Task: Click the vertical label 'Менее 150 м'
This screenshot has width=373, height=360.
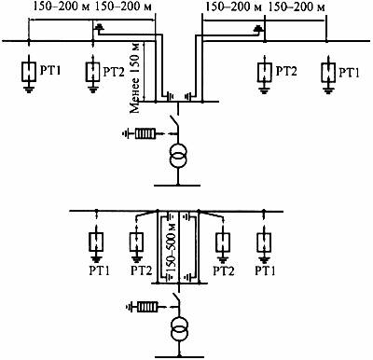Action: click(x=135, y=76)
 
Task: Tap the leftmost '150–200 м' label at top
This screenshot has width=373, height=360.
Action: click(x=59, y=7)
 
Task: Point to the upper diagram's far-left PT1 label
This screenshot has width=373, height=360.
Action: click(x=50, y=70)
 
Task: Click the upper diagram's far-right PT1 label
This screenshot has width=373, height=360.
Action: click(x=349, y=73)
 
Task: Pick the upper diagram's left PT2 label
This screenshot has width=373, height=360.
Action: click(x=114, y=72)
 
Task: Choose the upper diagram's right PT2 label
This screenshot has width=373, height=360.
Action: click(x=286, y=71)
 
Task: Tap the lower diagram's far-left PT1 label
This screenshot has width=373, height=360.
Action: click(x=100, y=270)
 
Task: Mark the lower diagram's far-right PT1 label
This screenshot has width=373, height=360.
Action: click(x=265, y=270)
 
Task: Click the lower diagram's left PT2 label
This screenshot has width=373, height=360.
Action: click(x=142, y=270)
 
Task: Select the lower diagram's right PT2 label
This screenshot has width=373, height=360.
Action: click(x=224, y=270)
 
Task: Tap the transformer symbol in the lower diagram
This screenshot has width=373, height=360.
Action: click(x=179, y=330)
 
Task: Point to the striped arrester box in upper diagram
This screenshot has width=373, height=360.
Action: click(x=145, y=134)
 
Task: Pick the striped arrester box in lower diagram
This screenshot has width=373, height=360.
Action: click(x=147, y=308)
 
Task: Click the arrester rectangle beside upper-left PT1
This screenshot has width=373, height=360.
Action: click(x=29, y=72)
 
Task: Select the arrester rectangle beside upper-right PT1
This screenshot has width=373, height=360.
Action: click(x=328, y=72)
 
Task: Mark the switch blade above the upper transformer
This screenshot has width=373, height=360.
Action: click(x=174, y=124)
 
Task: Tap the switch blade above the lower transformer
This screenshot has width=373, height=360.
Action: click(x=176, y=299)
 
